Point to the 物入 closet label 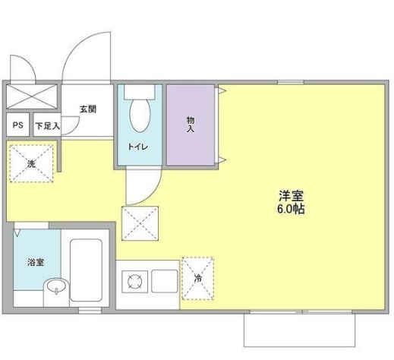coord(191,124)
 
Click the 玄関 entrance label coord(89,108)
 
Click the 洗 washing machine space coord(33,163)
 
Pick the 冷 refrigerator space coord(197,279)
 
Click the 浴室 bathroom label coord(35,262)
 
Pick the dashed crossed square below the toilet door coord(139,223)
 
